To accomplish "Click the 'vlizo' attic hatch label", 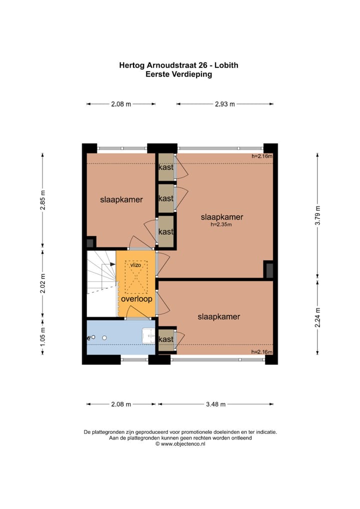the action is [x=135, y=265].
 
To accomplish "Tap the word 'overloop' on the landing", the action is [x=136, y=298].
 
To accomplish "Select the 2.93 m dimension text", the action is [x=224, y=104].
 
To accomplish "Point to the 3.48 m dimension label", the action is [x=215, y=404].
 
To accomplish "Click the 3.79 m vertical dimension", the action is [x=318, y=215].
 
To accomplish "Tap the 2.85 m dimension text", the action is [x=43, y=200].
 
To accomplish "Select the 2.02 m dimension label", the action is [x=43, y=283].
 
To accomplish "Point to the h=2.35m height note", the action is [x=221, y=224].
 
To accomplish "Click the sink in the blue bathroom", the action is [x=148, y=336].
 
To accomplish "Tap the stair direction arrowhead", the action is [x=112, y=264].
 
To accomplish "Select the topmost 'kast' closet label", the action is [x=166, y=167].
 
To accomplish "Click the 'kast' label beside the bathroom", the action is [x=166, y=339].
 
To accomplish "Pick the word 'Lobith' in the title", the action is [x=226, y=65].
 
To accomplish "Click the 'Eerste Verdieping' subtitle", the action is [x=179, y=74].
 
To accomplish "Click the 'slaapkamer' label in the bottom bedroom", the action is [x=219, y=317].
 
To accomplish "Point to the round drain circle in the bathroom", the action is [x=104, y=338].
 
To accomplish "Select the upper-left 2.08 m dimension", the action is [x=121, y=104].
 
